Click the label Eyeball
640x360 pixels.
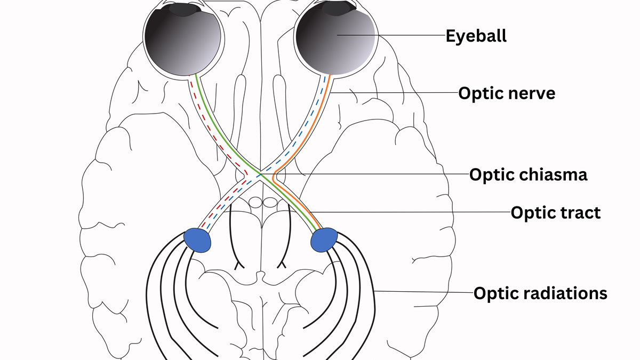click(476, 36)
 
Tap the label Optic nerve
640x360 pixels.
click(507, 94)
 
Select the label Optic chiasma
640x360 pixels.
click(528, 174)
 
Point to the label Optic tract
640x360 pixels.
click(556, 213)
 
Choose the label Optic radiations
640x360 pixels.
click(540, 293)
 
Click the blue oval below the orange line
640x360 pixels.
click(324, 239)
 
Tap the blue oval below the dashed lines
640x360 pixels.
click(197, 238)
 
